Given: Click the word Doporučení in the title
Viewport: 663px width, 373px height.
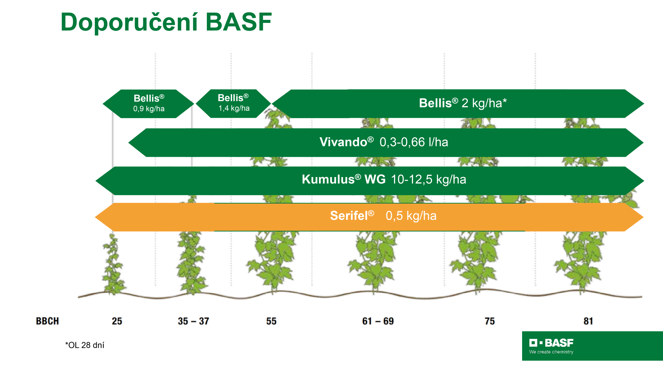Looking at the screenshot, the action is tap(129, 22).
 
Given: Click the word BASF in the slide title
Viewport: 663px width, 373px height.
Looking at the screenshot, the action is tap(239, 22).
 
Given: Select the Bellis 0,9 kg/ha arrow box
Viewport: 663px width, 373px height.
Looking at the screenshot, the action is tap(148, 104).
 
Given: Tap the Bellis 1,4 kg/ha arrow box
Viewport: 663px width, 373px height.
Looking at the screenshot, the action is tap(234, 103).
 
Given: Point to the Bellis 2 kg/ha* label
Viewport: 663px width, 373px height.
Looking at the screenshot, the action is tap(463, 103).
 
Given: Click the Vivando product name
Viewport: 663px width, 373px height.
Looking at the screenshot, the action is tap(346, 142).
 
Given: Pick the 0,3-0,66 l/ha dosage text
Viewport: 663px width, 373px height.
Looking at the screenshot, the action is tap(414, 142).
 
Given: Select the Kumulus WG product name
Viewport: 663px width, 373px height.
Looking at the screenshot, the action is tap(344, 179).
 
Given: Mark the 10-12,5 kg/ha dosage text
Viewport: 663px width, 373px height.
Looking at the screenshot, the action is tap(429, 180).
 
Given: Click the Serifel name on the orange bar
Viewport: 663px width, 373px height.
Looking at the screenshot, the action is tap(352, 216).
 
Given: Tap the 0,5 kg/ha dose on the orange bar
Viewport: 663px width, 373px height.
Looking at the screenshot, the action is tap(411, 216).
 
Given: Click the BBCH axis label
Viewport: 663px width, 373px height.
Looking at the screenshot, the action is tap(47, 321).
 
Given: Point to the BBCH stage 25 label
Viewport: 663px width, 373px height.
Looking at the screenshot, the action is tap(117, 321).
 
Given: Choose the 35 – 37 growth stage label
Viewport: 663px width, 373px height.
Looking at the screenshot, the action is tap(194, 321).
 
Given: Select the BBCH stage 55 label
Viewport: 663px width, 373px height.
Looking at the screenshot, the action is tap(271, 321).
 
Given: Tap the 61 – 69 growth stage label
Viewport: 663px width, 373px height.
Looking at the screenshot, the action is tap(378, 321).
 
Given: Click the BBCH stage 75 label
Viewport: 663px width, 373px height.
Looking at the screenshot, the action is tap(490, 321).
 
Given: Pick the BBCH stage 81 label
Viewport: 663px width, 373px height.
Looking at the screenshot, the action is tap(588, 321).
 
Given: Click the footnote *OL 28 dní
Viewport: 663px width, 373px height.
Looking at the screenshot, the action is tap(85, 345).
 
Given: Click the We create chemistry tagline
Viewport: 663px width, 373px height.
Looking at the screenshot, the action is tap(551, 352).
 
